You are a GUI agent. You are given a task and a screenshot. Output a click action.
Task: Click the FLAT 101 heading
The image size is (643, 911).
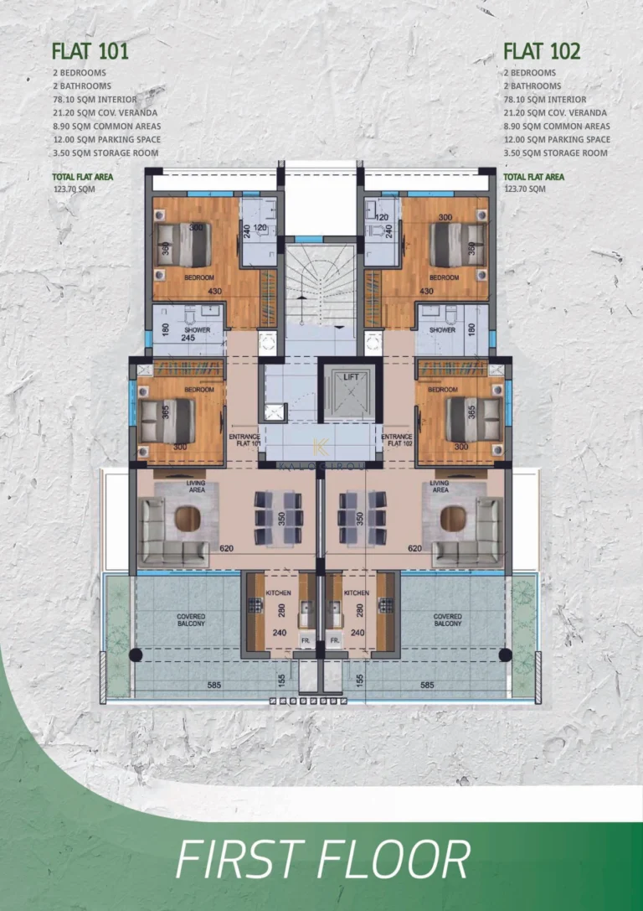[90, 51]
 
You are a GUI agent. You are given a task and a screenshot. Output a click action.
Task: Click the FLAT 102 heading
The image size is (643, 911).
[542, 51]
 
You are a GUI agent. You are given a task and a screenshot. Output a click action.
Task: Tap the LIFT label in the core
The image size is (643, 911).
[351, 377]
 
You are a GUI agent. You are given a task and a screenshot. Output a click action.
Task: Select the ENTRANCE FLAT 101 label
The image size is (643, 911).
[244, 440]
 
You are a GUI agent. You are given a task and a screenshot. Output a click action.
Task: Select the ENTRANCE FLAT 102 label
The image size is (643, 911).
[396, 440]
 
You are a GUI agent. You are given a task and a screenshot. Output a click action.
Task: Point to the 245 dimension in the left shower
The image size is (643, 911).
[188, 339]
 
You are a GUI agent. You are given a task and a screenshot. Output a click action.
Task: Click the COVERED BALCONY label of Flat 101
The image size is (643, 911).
[191, 620]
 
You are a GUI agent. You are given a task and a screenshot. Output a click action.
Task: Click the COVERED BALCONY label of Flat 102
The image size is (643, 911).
[447, 620]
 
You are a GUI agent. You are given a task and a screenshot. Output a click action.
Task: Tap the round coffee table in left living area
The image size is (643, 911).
[188, 520]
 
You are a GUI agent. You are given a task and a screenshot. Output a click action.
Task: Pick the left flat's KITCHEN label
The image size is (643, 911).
[278, 592]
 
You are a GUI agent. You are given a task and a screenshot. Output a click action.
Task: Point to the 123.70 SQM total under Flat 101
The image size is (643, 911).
[72, 189]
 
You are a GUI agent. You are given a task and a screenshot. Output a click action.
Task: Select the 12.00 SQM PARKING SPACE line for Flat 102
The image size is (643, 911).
[556, 140]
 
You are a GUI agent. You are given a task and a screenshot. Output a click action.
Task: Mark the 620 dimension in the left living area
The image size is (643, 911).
[226, 548]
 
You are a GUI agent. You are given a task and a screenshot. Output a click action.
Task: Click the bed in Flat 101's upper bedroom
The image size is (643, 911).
[185, 244]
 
